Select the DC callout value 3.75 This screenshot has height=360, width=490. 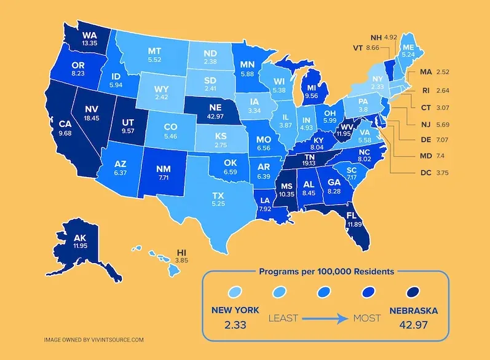441,173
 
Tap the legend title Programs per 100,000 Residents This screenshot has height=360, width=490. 326,271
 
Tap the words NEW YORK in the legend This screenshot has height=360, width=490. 234,310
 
